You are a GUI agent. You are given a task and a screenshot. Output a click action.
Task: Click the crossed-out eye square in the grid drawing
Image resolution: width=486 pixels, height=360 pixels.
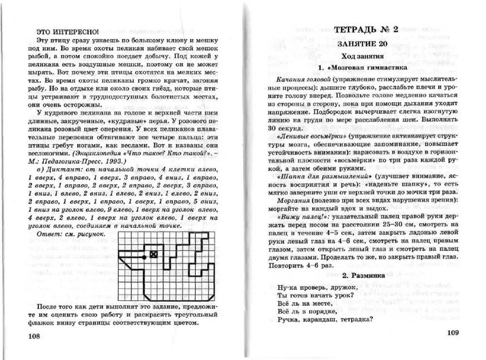pyautogui.click(x=155, y=256)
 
